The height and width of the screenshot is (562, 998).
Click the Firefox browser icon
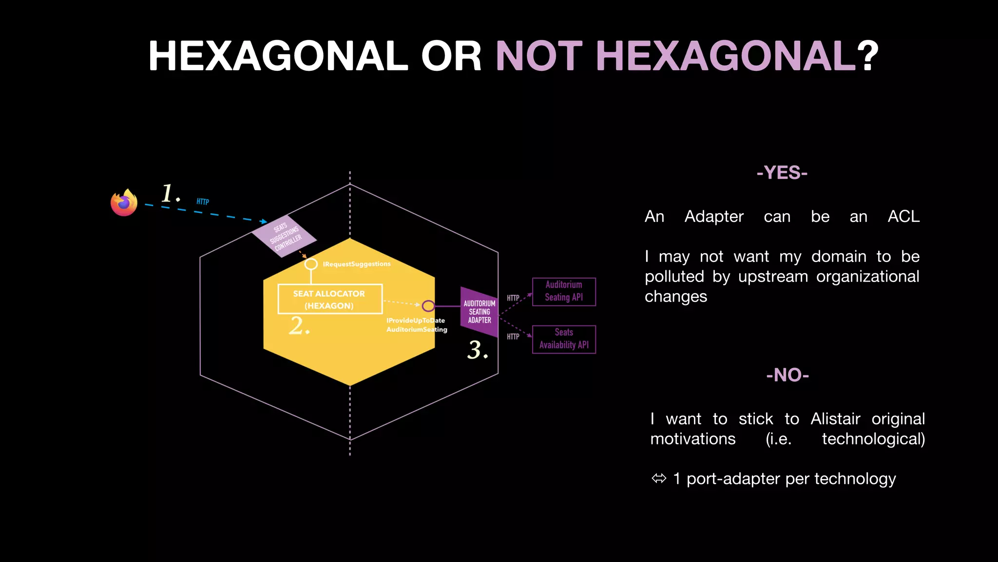point(124,202)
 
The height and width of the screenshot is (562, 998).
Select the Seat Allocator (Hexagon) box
point(330,299)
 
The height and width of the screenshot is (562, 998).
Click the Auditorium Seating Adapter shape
point(479,312)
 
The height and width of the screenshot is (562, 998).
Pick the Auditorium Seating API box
point(564,291)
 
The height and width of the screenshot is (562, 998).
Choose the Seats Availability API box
point(564,339)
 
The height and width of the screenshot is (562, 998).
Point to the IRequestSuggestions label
point(357,264)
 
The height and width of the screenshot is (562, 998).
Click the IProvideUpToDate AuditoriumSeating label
point(416,325)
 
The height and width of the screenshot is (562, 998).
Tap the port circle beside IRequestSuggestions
point(311,264)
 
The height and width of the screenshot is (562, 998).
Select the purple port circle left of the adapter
point(428,306)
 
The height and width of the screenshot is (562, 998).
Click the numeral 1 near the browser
point(168,193)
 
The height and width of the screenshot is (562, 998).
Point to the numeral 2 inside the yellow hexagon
point(297,326)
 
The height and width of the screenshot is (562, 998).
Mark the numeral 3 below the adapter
point(476,350)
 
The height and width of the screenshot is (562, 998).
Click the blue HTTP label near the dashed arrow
point(203,201)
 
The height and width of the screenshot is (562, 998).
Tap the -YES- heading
point(782,173)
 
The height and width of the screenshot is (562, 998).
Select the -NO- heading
point(787,375)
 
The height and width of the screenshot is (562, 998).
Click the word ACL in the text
point(903,216)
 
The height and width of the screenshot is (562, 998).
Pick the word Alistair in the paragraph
point(835,419)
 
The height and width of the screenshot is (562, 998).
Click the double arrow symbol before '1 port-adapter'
point(659,479)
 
